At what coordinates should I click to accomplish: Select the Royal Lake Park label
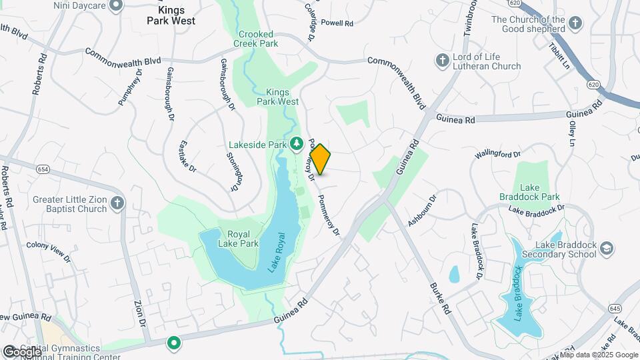(243, 239)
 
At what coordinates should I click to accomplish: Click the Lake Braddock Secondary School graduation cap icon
(607, 249)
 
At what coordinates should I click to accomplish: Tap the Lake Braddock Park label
(530, 193)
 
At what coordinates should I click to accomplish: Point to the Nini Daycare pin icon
(116, 6)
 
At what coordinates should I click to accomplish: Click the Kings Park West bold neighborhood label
(171, 15)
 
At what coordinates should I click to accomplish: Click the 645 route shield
(615, 308)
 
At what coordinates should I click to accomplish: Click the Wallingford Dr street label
(497, 155)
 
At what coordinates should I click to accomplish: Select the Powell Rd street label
(337, 23)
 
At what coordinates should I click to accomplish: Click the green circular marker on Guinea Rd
(174, 343)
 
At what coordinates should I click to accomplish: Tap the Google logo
(21, 351)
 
